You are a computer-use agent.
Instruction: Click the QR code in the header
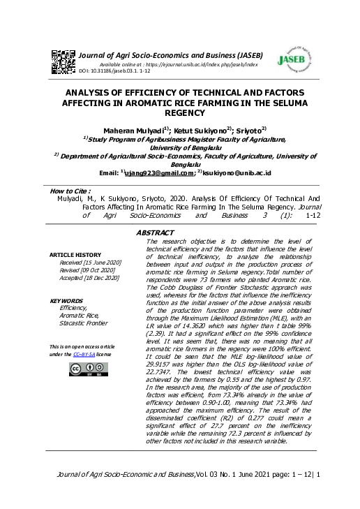click(64, 59)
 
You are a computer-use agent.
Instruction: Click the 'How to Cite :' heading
click(72, 191)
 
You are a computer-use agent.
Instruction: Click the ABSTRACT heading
click(155, 232)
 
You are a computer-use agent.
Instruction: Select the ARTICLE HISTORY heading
click(75, 255)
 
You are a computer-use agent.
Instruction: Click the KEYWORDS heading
click(67, 301)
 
